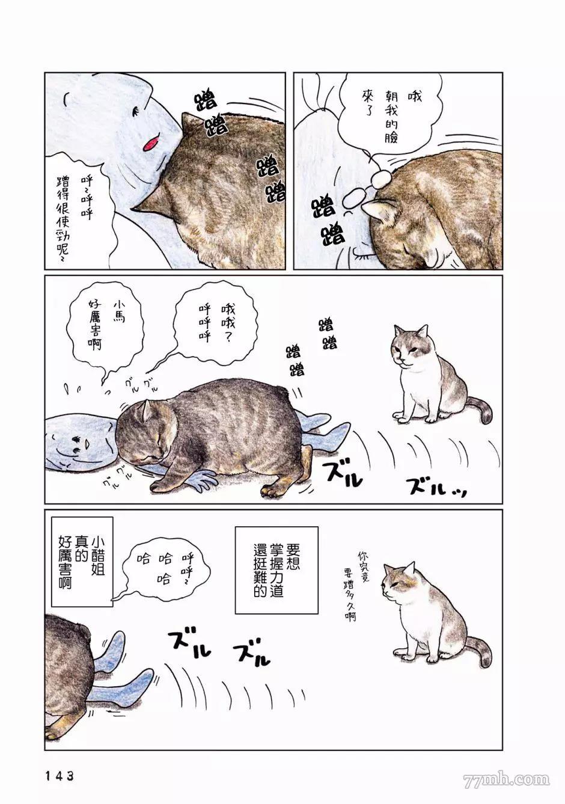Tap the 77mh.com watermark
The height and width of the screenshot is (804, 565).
tap(507, 781)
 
